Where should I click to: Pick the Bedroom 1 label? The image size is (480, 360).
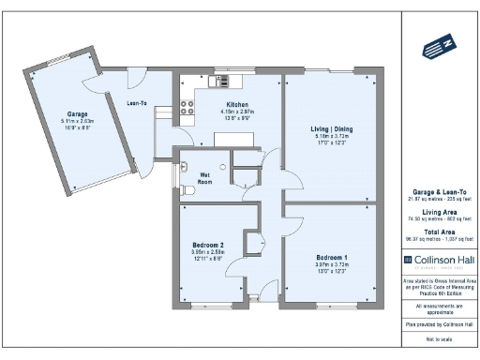pyautogui.click(x=331, y=257)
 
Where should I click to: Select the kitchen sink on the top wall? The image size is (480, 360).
pyautogui.click(x=221, y=82)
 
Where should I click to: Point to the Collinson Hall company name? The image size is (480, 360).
pyautogui.click(x=442, y=259)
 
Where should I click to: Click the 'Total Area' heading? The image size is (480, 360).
pyautogui.click(x=438, y=231)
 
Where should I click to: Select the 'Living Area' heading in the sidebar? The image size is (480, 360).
pyautogui.click(x=438, y=212)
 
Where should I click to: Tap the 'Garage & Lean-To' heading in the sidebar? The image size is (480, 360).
pyautogui.click(x=438, y=190)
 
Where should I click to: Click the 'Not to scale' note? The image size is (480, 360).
pyautogui.click(x=438, y=337)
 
